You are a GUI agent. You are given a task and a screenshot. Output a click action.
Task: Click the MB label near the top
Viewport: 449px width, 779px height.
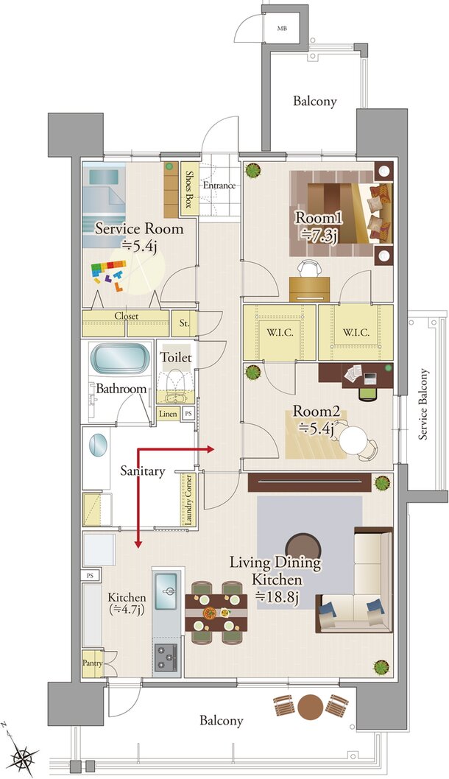(282, 28)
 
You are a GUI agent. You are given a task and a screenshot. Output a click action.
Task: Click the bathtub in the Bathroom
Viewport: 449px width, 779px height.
(120, 358)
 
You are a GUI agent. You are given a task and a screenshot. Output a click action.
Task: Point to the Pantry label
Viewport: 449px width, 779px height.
(93, 663)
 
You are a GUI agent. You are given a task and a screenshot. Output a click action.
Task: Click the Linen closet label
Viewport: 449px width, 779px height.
(168, 413)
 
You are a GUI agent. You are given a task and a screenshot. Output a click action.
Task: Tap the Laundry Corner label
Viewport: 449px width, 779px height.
(188, 499)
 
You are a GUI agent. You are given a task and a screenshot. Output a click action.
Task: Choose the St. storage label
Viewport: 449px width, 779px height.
(184, 323)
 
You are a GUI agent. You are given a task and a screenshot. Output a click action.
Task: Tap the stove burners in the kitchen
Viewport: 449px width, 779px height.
(166, 658)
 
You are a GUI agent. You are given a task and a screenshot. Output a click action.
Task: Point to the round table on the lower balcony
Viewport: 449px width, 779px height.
(311, 706)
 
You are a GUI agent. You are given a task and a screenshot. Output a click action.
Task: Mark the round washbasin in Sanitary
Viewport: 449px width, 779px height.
(98, 445)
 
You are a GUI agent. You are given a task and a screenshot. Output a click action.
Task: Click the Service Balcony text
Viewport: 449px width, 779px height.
(423, 404)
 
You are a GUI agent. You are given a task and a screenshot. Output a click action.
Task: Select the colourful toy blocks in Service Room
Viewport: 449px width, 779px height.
(109, 274)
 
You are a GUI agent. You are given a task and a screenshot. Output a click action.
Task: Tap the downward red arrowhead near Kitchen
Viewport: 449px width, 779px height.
(138, 544)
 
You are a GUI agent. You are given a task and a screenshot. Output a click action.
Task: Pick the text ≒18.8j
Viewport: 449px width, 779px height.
(277, 598)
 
